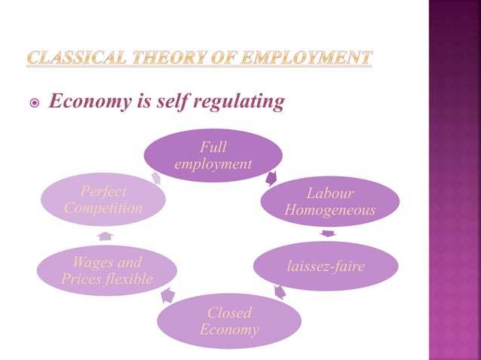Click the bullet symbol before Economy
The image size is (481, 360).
(32, 103)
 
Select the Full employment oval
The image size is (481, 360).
(213, 155)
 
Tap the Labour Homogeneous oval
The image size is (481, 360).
(329, 201)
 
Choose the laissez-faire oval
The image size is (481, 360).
(324, 266)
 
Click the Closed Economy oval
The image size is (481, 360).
(229, 322)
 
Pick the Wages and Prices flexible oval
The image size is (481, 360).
(106, 271)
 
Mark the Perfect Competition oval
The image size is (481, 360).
(103, 200)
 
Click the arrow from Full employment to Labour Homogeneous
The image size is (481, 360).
(271, 179)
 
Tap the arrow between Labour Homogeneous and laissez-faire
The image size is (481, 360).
(327, 233)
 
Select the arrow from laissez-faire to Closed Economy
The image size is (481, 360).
(279, 291)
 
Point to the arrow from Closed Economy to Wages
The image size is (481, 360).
(168, 296)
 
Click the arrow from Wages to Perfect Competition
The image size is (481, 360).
(106, 236)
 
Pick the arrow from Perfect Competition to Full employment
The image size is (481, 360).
(156, 178)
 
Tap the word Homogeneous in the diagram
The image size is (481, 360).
(329, 210)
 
